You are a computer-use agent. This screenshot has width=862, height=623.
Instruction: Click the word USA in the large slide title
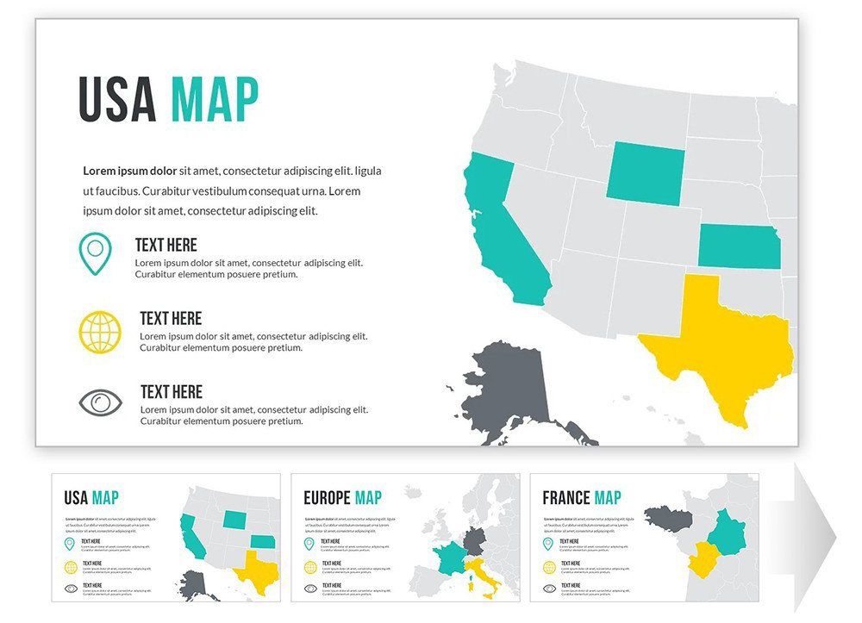coord(117,99)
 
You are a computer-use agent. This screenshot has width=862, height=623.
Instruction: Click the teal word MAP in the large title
coord(214,99)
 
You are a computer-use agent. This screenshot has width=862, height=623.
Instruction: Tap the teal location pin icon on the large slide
coord(95,253)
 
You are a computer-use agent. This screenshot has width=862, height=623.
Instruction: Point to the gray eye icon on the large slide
coord(101,402)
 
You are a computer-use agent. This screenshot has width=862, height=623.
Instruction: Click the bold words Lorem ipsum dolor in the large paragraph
coord(129,171)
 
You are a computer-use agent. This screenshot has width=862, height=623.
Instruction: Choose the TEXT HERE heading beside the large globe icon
coord(171,319)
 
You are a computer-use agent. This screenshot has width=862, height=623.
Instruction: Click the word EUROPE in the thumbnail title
coord(327,498)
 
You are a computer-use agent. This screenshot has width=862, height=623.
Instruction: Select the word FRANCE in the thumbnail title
coord(565,498)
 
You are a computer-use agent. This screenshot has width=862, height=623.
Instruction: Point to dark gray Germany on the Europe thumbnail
coord(475,541)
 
